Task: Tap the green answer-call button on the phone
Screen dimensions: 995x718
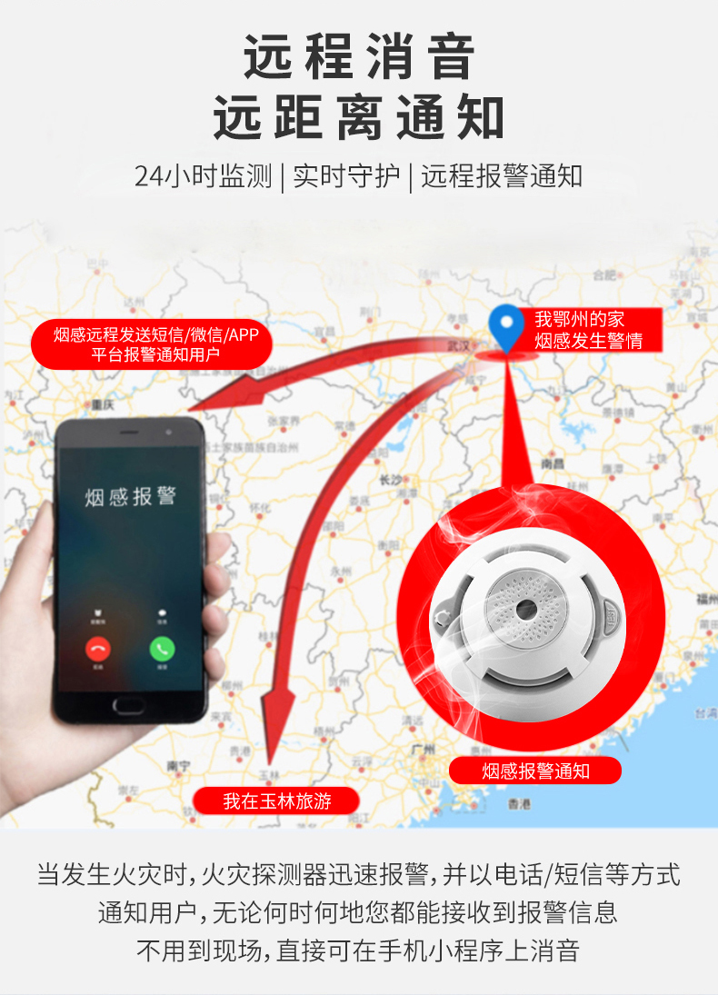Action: coord(163,649)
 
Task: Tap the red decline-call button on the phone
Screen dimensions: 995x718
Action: coord(97,649)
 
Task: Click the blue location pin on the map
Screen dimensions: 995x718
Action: coord(505,328)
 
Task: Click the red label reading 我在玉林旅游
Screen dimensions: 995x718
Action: coord(276,801)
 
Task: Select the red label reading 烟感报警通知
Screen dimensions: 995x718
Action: coord(535,771)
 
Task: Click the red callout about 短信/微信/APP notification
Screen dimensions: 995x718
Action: coord(155,344)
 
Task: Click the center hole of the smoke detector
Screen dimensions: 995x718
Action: coord(525,606)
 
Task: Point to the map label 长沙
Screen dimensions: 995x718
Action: coord(391,479)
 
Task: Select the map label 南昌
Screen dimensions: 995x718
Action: coord(552,463)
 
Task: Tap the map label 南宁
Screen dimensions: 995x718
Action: coord(178,766)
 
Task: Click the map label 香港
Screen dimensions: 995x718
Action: coord(518,803)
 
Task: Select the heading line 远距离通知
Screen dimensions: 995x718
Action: coord(359,118)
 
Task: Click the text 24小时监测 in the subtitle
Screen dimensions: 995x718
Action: coord(203,176)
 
